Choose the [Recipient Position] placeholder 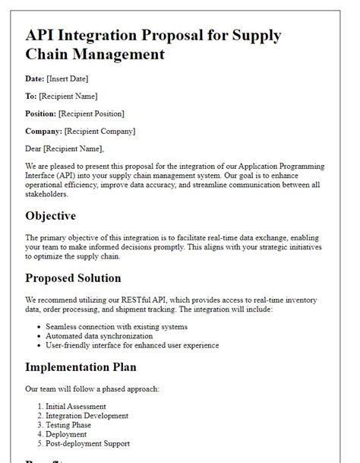(93, 113)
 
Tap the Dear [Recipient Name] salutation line (65, 148)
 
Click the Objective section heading (51, 216)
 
